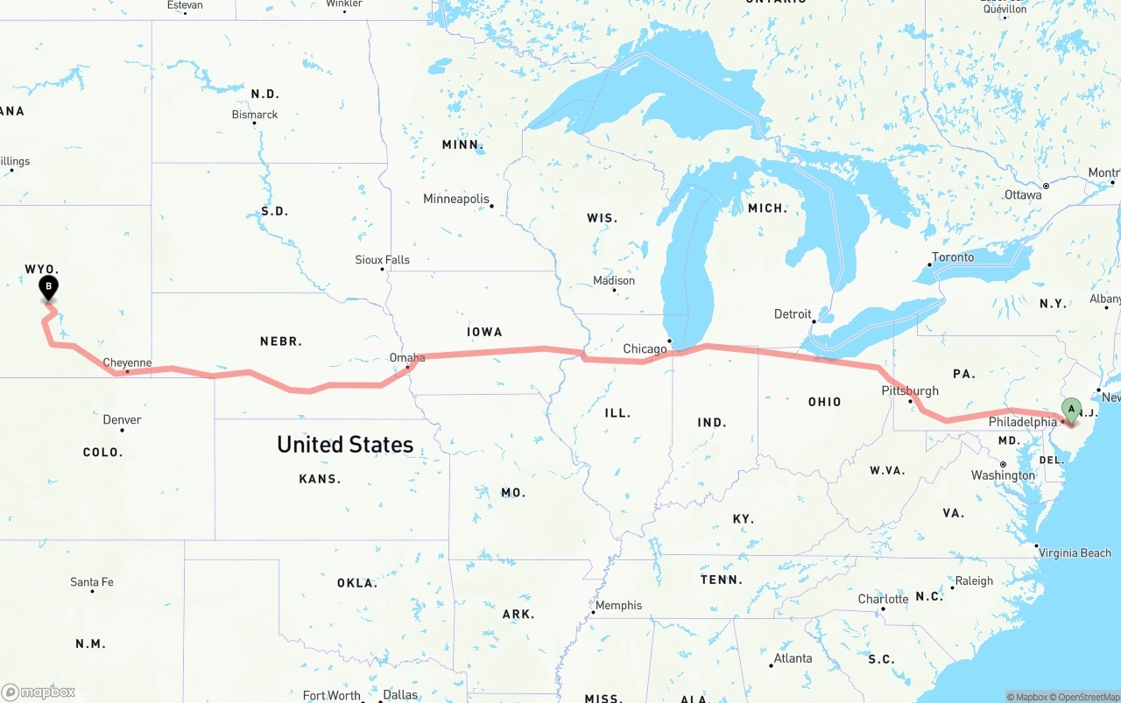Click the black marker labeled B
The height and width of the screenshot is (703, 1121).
(49, 286)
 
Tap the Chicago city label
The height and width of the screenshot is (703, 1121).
(645, 349)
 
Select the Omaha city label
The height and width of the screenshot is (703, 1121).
(407, 358)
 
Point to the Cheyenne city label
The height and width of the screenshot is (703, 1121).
(127, 362)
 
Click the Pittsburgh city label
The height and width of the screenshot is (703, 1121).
(911, 391)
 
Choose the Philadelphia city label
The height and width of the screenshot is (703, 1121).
(1023, 422)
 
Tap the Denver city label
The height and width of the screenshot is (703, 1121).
(122, 420)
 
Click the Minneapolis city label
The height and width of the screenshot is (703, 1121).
(456, 199)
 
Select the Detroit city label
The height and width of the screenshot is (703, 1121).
(793, 314)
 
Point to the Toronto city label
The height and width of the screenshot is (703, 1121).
(953, 257)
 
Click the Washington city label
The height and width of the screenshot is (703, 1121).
(1003, 475)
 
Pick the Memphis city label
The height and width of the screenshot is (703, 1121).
(618, 606)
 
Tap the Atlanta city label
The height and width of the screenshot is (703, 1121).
(793, 658)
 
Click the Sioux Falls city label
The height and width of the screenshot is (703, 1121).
(382, 260)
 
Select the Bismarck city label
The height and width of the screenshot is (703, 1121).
(255, 115)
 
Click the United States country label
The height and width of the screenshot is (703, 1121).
(345, 445)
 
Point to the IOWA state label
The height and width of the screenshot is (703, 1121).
(484, 332)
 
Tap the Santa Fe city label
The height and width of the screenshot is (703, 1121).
(91, 582)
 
